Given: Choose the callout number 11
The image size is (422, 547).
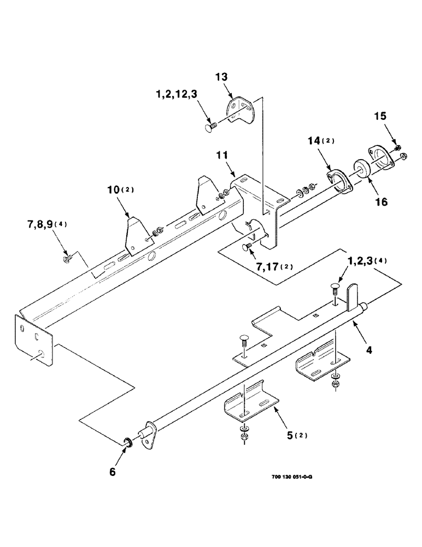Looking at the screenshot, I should click(x=224, y=156).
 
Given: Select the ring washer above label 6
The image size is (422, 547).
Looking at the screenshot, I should click(x=127, y=441).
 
